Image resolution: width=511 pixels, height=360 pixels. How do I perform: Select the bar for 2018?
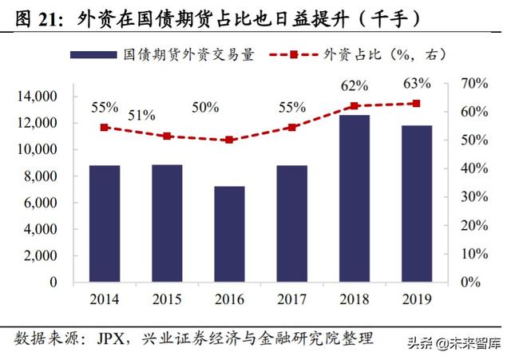tap(354, 199)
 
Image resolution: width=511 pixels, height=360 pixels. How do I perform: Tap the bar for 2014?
tap(105, 224)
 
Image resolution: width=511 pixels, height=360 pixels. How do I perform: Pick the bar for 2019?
tap(416, 204)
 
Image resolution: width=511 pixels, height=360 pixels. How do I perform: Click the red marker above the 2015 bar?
tap(167, 136)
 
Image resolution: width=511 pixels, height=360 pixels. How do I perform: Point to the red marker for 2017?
tap(291, 127)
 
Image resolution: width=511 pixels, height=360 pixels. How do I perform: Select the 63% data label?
tap(417, 83)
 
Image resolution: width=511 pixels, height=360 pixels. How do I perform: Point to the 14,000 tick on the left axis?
tap(36, 97)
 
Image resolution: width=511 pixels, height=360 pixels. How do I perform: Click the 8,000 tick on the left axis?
tap(39, 176)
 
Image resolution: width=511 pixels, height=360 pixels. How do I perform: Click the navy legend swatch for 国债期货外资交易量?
tap(93, 55)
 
